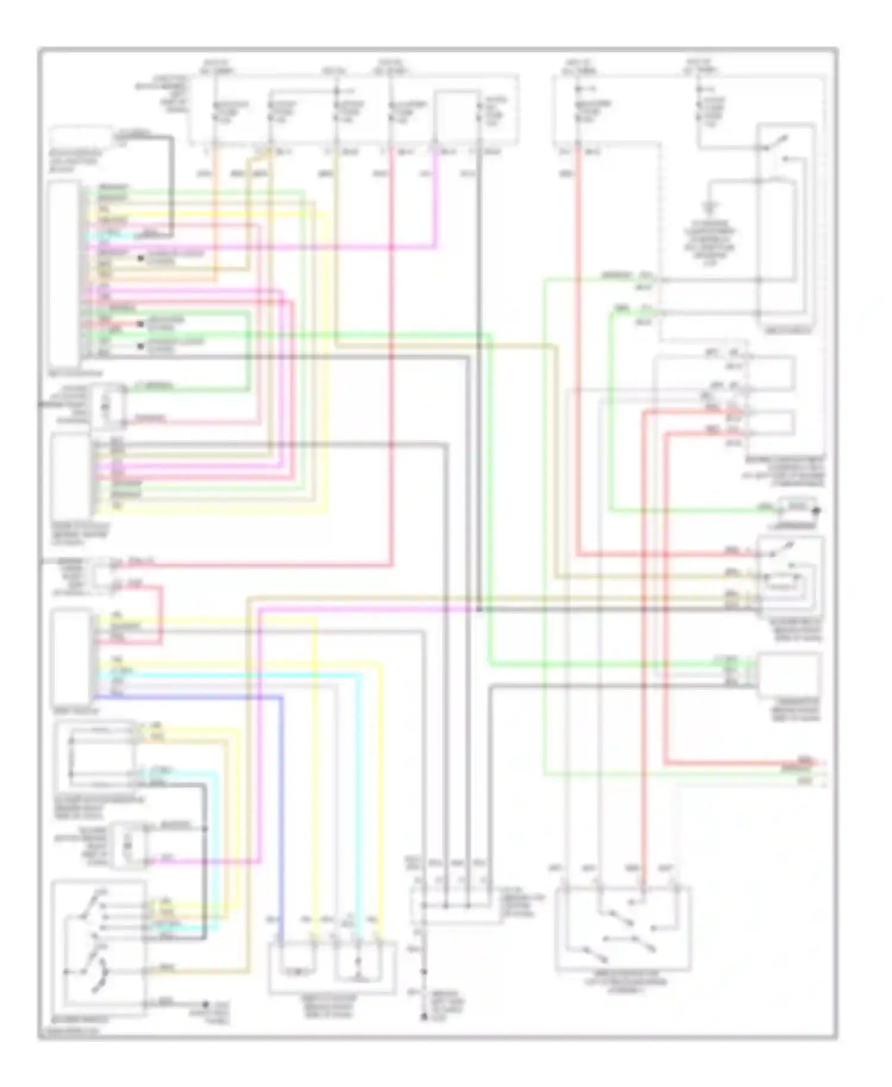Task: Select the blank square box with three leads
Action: point(789,674)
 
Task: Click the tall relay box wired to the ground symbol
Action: point(784,226)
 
